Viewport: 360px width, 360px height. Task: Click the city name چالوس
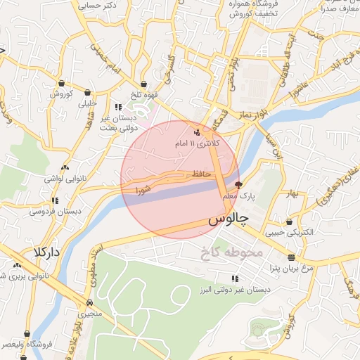tap(229, 220)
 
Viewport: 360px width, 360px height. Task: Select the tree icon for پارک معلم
tap(238, 186)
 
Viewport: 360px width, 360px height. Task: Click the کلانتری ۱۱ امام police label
tap(197, 143)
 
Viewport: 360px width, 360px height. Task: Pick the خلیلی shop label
tap(89, 104)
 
